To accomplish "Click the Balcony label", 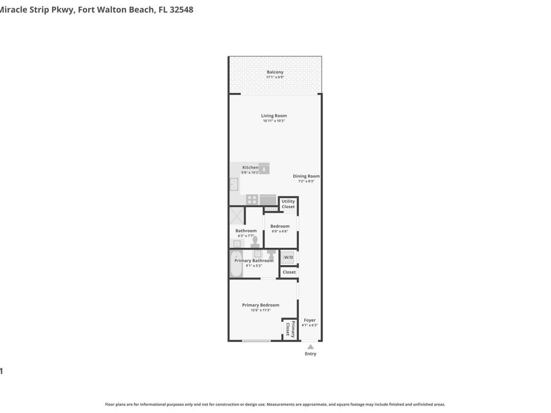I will click(275, 72).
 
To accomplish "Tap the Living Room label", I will click(274, 116).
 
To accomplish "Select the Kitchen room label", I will click(250, 168).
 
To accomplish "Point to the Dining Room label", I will click(306, 176).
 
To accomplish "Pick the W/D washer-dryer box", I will click(288, 258).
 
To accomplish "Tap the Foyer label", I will click(310, 320).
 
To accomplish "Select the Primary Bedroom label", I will click(261, 305).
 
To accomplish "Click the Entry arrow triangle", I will click(310, 347).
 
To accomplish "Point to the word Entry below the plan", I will click(311, 354).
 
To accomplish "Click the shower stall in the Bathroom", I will click(237, 215).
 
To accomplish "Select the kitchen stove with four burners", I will click(252, 199).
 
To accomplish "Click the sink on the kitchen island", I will click(264, 169).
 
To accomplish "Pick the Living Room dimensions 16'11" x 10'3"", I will click(274, 121).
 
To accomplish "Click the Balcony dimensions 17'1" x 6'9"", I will click(275, 77).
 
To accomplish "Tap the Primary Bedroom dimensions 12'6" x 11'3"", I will click(261, 310).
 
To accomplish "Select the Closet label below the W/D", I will click(289, 272).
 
